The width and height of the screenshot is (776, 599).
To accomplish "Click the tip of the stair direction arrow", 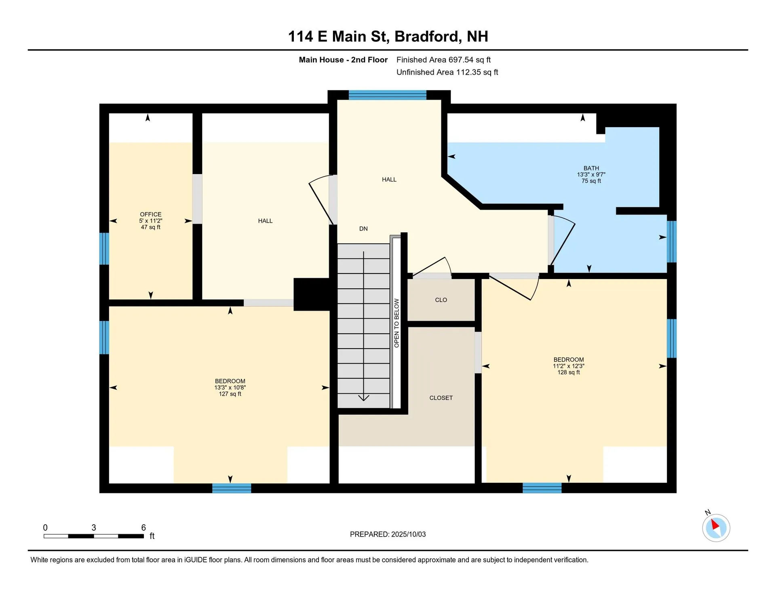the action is [x=364, y=401].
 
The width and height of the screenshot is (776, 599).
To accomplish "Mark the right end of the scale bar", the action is [x=144, y=536].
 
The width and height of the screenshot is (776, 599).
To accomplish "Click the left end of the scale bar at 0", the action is [x=44, y=536].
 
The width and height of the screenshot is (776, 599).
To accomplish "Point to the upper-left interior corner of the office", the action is [x=109, y=113].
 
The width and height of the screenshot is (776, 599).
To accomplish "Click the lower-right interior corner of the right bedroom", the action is [x=666, y=483].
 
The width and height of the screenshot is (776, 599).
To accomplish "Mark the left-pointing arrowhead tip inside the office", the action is [x=110, y=221].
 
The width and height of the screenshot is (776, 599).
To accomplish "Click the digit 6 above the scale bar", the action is [x=143, y=528].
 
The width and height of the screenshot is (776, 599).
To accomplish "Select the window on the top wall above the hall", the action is [x=387, y=95].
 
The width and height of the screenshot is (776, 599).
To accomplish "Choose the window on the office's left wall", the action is [x=104, y=248].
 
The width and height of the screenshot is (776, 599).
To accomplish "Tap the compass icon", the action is [x=716, y=528].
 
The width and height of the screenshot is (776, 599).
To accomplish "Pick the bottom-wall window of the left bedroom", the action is [x=232, y=488].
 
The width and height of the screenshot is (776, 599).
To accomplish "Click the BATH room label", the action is [x=591, y=168].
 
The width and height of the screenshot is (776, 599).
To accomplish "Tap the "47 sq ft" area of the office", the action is [x=151, y=227].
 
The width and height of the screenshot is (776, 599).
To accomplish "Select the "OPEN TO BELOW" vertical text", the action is [x=396, y=323].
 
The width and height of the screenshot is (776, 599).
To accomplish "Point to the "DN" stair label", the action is [x=363, y=229].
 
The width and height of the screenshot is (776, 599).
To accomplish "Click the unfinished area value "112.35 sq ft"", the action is [x=477, y=72].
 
